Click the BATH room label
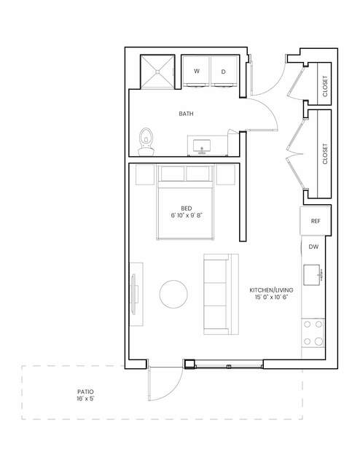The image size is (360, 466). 186,114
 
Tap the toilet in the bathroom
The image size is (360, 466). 146,141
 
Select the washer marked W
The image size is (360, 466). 196,71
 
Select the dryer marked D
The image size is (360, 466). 224,71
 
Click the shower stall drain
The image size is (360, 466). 157,71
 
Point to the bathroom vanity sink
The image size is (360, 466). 202,147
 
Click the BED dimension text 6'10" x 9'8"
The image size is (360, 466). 187,215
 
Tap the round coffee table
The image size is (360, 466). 173,294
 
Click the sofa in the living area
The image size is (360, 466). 221,294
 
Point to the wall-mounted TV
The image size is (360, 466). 133,294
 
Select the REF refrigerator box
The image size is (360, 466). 316,221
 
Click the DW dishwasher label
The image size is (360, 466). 313,246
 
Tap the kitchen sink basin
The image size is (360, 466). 312,275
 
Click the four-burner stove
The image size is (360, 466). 313,333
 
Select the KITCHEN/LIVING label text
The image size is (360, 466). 271,290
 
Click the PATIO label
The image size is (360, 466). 85,392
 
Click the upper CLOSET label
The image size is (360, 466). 325,86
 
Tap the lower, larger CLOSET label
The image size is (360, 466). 325,154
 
